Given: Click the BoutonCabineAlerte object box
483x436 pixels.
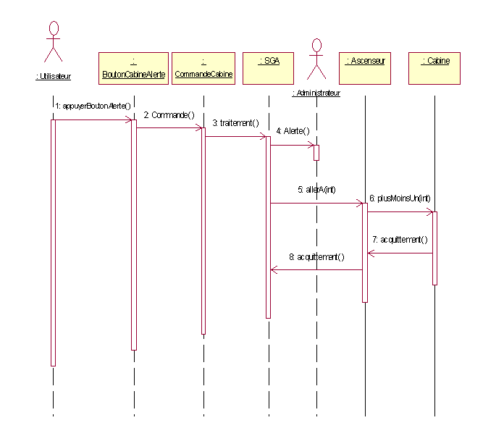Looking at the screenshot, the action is click(x=133, y=68).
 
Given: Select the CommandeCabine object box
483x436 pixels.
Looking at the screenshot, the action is click(x=203, y=68).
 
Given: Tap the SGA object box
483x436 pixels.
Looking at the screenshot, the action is click(x=269, y=68).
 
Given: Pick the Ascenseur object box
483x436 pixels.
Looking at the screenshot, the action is click(x=365, y=68).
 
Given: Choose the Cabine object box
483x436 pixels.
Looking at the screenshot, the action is click(x=434, y=68).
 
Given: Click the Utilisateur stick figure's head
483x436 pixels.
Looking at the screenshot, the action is click(x=54, y=28).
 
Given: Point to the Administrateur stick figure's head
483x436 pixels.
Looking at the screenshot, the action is click(x=316, y=46).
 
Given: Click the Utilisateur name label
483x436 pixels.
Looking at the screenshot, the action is click(x=54, y=76).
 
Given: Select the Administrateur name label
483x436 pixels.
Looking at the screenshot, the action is click(x=316, y=93).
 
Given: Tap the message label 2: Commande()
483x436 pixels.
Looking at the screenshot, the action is click(x=169, y=115).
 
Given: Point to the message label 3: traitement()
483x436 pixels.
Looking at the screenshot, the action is click(x=235, y=123).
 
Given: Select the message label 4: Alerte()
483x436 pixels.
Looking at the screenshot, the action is click(x=293, y=131).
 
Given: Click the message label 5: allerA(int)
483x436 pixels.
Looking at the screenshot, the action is click(x=316, y=190).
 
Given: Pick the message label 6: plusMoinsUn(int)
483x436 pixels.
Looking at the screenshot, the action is click(x=400, y=198).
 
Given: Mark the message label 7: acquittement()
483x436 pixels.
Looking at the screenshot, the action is click(x=400, y=240).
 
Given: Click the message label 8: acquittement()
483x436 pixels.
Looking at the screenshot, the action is click(x=316, y=256).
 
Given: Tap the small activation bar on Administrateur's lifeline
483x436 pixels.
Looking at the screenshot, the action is click(x=316, y=153).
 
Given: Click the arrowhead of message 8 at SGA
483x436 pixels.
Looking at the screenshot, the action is click(x=274, y=270).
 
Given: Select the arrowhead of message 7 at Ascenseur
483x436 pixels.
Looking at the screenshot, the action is click(x=371, y=253).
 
